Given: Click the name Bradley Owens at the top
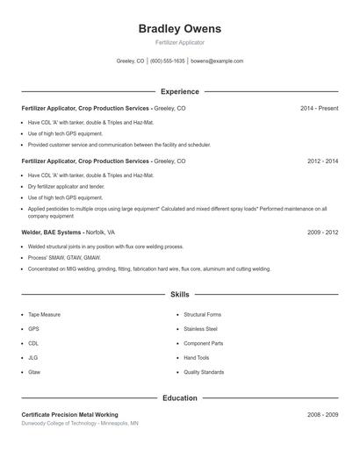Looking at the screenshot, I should pos(179,29).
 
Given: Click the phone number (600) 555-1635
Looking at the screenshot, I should pos(167,61).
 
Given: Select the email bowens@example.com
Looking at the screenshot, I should pos(217,61).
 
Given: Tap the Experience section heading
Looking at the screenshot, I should pos(179,91).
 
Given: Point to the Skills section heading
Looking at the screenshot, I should pos(179,295).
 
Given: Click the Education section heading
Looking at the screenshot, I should pos(179,398).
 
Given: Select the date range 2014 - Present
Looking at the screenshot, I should pos(319,108).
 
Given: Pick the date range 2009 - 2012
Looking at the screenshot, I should pos(322,232).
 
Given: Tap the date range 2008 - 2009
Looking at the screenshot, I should pos(322,414).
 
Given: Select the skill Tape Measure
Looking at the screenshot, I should pos(45,314).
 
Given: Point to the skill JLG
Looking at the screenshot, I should pos(33,358).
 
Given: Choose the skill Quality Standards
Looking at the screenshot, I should pos(204,373).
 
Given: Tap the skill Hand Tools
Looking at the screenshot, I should pos(197,358).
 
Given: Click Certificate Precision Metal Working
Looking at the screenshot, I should pos(69,414).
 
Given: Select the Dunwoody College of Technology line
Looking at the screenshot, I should pos(79,423).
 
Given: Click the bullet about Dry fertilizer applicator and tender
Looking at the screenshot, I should pos(66,187).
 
